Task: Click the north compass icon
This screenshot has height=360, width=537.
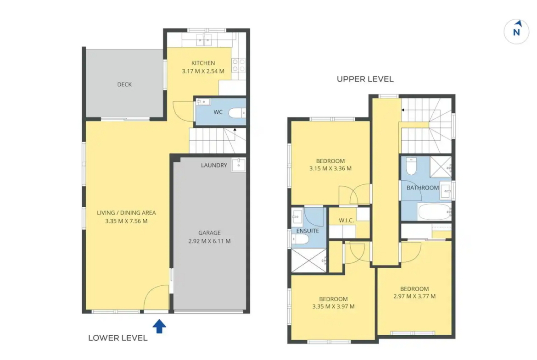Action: point(516,32)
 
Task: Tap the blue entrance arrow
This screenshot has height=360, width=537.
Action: point(159,326)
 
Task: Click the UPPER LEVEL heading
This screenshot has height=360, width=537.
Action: point(365,79)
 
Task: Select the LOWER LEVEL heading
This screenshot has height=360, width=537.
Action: point(118,338)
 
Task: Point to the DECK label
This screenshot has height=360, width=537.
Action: point(124,84)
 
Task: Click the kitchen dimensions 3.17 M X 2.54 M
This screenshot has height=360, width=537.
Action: point(203,71)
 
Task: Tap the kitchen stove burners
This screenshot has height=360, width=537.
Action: point(239,65)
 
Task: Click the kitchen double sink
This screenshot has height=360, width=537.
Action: point(204,40)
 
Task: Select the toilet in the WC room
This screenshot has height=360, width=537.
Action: point(237,112)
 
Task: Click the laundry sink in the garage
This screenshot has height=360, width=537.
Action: point(238,165)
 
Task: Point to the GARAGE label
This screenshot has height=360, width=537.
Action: point(210,233)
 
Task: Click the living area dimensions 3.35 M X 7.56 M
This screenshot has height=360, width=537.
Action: point(126,221)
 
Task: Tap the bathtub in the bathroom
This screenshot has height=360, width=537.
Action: point(434,212)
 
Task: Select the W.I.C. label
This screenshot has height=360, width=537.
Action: point(346,221)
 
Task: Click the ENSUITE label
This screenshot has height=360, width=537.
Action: point(308,231)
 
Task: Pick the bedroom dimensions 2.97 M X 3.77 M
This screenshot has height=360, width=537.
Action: point(414,296)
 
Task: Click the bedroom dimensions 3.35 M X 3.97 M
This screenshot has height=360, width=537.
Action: point(333,307)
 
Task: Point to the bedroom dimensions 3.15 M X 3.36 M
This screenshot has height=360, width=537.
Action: point(330,168)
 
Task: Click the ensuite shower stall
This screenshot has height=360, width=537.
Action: point(308,261)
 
